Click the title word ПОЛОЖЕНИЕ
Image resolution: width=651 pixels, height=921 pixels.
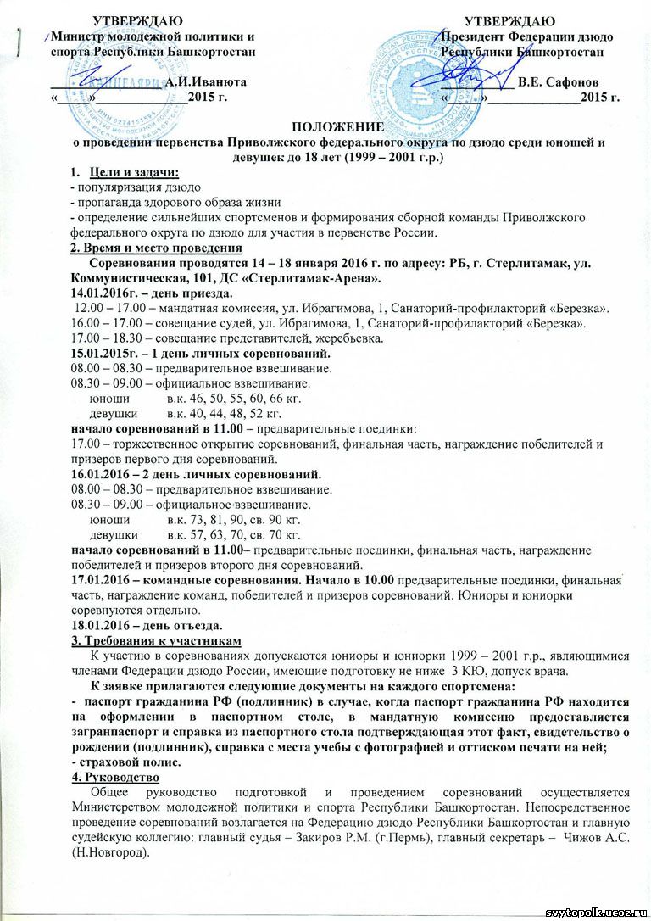point(325,126)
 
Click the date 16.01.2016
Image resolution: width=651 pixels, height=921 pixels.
point(103,474)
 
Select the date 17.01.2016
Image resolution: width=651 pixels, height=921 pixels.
point(103,581)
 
